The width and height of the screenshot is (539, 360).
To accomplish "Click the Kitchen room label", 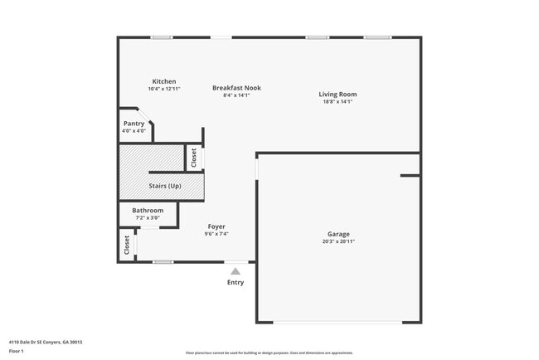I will (163, 81).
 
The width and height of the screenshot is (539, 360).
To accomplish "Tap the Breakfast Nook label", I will (236, 88).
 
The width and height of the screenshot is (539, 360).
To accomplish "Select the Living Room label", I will (337, 95).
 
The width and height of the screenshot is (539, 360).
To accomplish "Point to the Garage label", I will (337, 234).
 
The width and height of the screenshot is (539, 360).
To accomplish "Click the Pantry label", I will (134, 124).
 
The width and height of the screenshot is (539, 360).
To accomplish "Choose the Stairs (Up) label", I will (164, 186).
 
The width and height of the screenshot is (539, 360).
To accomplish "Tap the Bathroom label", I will (148, 211).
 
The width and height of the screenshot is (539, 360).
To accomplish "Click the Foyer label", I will (216, 226).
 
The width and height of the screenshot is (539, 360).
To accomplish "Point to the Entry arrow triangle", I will (236, 271).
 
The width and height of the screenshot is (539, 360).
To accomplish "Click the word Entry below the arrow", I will (236, 283).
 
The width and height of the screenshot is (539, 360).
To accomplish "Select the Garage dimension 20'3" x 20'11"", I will (337, 241).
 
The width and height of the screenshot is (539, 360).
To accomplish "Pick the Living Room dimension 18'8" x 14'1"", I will (337, 102).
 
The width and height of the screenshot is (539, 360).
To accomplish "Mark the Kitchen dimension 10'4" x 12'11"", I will (163, 89).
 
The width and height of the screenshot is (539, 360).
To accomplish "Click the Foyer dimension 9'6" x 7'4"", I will (216, 234).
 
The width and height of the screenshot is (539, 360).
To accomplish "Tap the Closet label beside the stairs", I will (194, 157).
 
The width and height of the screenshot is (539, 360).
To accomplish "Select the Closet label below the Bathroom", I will (127, 245).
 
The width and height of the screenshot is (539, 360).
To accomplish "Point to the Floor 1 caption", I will (17, 351).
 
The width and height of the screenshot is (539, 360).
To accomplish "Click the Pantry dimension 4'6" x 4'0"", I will (134, 131).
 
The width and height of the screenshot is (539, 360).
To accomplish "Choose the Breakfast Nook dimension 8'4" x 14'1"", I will (236, 95).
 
